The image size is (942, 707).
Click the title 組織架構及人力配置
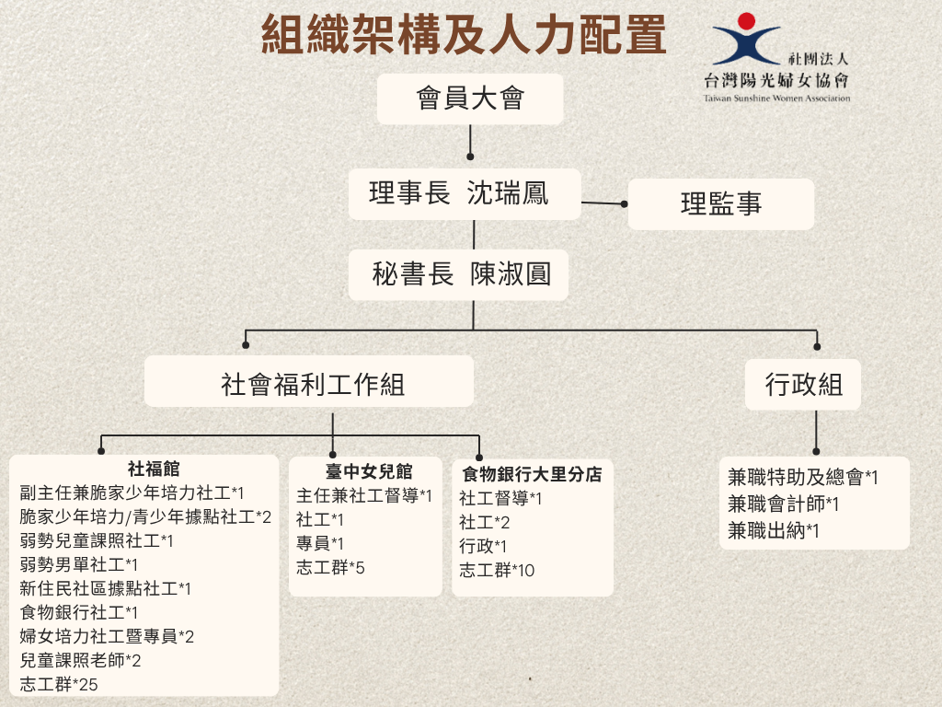point(464,34)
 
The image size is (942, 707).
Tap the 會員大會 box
point(470,99)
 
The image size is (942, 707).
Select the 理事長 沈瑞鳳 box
point(465,193)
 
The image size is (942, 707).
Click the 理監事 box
point(721,203)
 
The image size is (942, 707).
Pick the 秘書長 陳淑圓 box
point(458,274)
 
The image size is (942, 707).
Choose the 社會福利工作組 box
point(309,381)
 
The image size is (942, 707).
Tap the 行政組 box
point(802,385)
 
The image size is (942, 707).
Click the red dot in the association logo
point(746,21)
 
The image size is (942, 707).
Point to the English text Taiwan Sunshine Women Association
point(776,98)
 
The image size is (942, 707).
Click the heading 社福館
point(154,469)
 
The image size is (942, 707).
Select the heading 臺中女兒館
point(369,471)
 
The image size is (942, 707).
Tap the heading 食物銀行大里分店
point(532,474)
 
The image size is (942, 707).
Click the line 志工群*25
point(59,684)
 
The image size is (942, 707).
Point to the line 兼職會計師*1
point(784,504)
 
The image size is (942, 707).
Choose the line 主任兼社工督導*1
point(364,495)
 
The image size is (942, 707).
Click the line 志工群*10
point(497,570)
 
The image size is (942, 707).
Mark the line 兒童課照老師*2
point(81,660)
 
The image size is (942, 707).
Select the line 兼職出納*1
point(773,530)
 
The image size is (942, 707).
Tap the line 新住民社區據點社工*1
point(105,588)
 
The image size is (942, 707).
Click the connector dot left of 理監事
point(625,204)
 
